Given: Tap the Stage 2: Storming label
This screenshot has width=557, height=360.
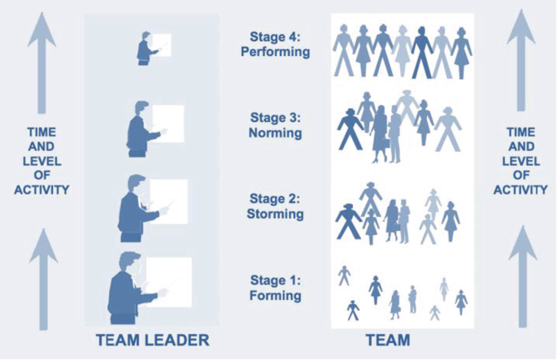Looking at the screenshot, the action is coord(276,206).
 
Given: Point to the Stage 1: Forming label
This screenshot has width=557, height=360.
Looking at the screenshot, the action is coord(276,288).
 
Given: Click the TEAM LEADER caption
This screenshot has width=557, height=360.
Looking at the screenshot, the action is coord(154,339).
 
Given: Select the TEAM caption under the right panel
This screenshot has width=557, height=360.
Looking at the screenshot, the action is coord(389,339).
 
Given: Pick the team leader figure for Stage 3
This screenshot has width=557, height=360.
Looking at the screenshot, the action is coord(139,128).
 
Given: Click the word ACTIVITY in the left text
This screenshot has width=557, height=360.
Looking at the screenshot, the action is coord(41,189).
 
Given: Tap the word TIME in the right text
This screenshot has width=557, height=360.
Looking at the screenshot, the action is coord(520,132).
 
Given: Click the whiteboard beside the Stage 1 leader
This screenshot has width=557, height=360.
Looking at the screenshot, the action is coord(174,278).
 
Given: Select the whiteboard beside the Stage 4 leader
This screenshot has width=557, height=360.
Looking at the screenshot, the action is coord(161,44).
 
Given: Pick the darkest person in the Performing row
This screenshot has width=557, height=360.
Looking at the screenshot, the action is coord(421,50).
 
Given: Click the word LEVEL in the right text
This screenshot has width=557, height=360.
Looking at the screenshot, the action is coord(520,161).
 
